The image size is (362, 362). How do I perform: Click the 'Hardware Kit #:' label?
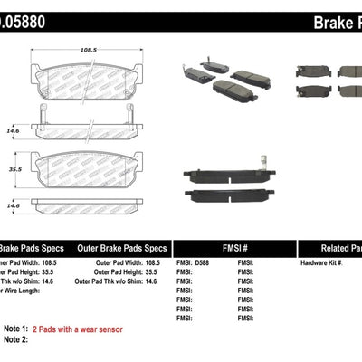[323, 262]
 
